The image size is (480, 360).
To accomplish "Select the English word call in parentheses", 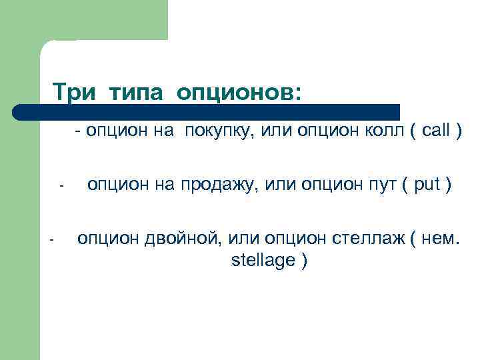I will (x=436, y=131).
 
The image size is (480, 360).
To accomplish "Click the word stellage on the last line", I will (x=263, y=260).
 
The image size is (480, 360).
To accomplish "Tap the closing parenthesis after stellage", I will (x=304, y=261).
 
